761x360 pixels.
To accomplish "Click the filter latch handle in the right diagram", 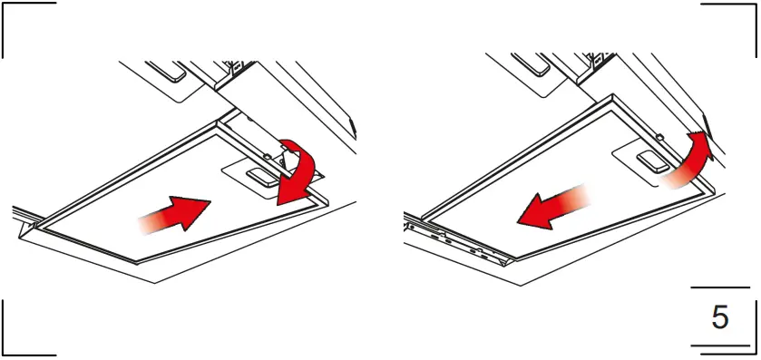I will tap(651, 161).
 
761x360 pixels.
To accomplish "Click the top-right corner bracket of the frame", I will tap(739, 27).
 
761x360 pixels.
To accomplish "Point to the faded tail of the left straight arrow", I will tap(145, 221).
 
